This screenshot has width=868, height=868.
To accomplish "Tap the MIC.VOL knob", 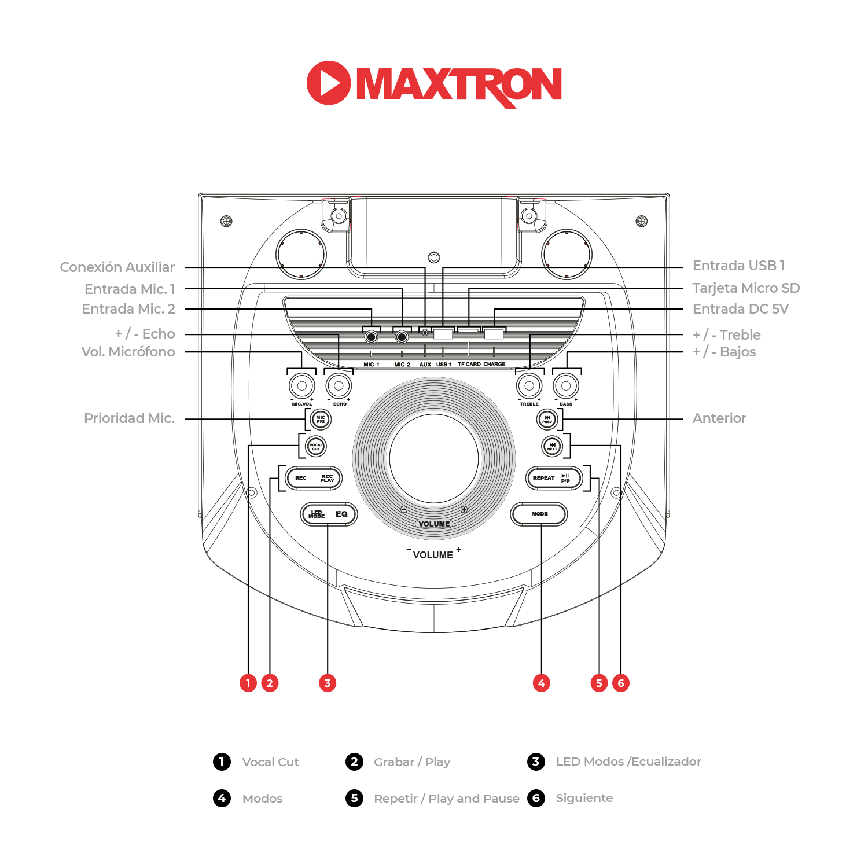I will [x=301, y=386].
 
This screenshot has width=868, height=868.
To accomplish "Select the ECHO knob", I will [x=339, y=386].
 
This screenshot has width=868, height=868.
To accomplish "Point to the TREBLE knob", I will [x=529, y=386].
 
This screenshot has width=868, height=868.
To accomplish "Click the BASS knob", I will [x=566, y=386].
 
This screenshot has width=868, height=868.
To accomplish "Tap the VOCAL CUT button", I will [x=316, y=447].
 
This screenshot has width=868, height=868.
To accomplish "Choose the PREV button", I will [x=547, y=420].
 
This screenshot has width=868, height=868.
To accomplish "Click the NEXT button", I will [x=552, y=447].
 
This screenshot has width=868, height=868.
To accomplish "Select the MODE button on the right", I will [x=539, y=514].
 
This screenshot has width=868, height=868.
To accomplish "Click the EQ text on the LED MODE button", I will [x=341, y=514].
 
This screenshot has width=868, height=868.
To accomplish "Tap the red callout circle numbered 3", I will [x=328, y=683].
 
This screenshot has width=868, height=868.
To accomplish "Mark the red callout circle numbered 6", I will [x=621, y=683].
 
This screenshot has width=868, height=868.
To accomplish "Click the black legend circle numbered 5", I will [x=354, y=798].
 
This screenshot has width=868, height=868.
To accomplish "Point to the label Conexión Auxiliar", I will [x=117, y=267].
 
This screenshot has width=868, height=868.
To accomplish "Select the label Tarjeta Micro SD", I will [x=746, y=288].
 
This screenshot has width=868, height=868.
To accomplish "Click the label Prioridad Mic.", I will [x=129, y=418].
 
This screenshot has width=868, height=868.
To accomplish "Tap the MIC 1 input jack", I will [x=371, y=337].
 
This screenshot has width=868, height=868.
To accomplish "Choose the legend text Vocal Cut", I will [x=270, y=762].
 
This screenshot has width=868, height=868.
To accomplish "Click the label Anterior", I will [x=719, y=418].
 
